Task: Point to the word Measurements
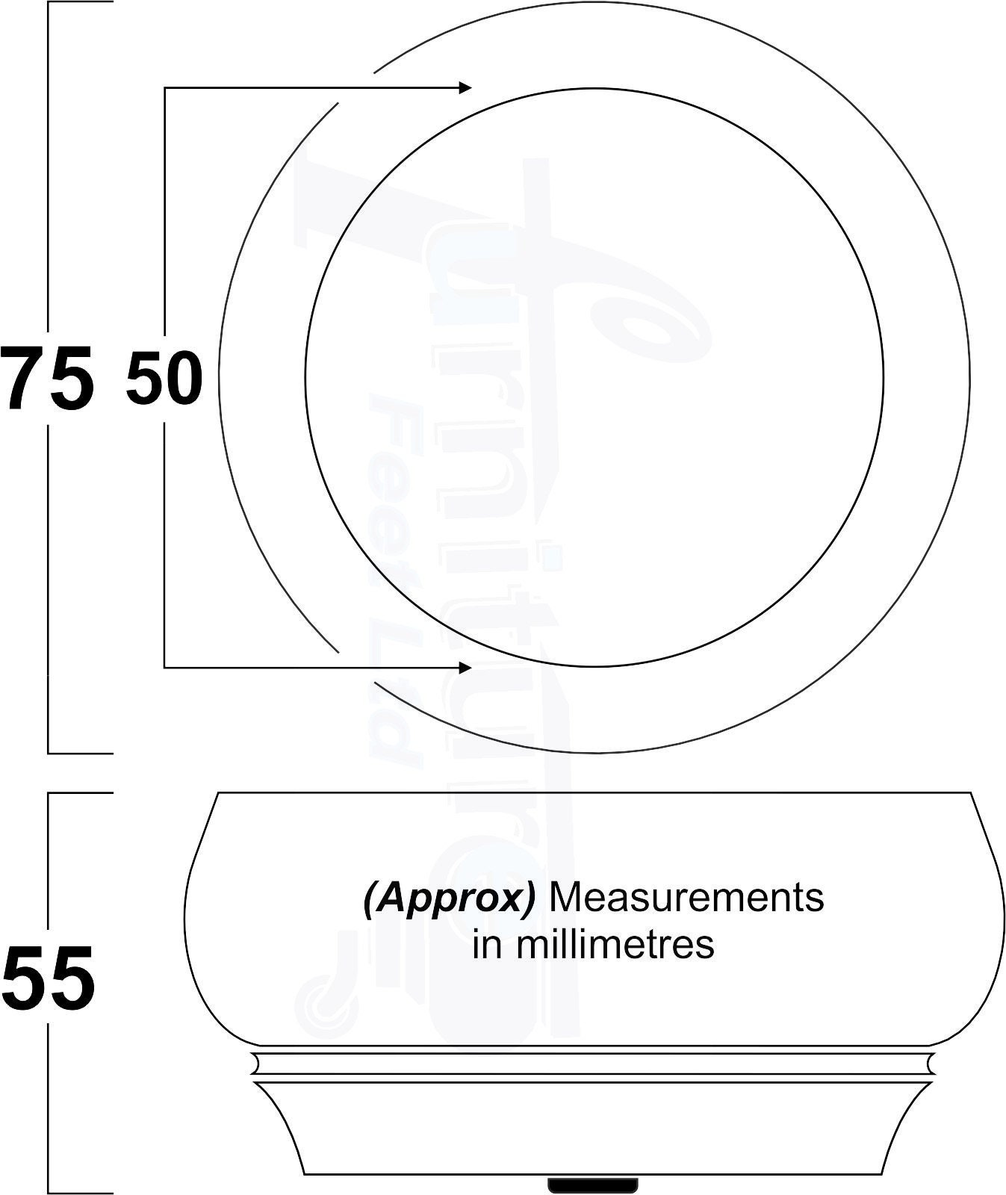(x=686, y=897)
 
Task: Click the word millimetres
(x=615, y=944)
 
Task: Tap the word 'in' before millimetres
(x=487, y=945)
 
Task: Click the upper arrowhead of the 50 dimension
(x=465, y=88)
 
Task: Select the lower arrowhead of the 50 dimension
(x=465, y=667)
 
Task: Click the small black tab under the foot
(x=593, y=1185)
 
